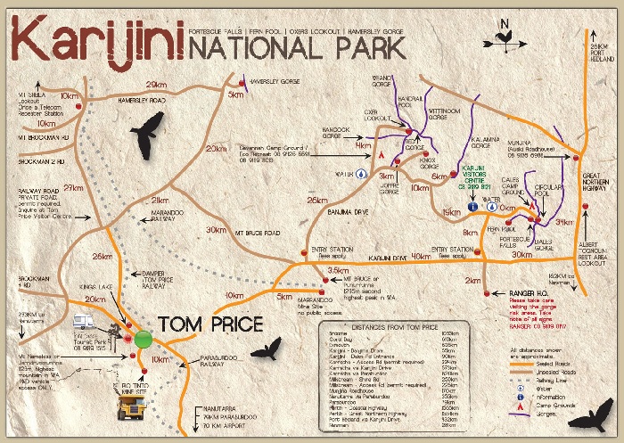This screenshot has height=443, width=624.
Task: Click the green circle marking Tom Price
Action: (x=144, y=339)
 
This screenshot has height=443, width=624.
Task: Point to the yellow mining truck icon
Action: (x=135, y=406)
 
